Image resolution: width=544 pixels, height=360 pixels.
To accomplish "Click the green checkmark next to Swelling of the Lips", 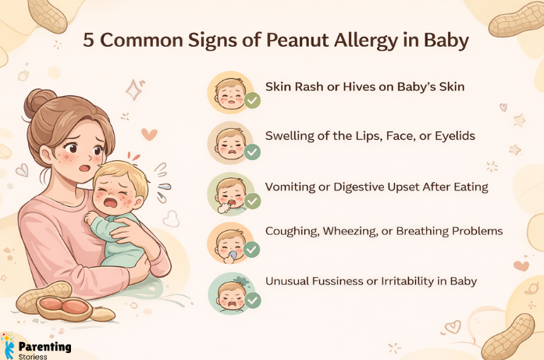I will tap(252, 151).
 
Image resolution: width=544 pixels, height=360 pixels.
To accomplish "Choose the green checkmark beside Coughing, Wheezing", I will tap(252, 250).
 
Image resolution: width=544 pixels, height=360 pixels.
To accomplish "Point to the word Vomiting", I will tap(293, 187).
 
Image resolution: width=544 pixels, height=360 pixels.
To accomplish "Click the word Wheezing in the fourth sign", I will tap(348, 232).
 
